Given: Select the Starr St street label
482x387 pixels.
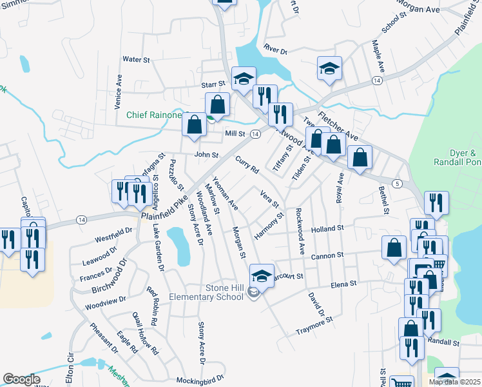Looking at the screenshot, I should tap(213, 84).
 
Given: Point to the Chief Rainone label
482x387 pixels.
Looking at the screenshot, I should tap(153, 115).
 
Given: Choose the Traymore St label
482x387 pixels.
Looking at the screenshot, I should tap(313, 324).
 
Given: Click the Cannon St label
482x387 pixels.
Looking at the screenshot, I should tap(327, 256).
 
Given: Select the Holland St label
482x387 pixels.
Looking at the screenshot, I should tap(329, 228).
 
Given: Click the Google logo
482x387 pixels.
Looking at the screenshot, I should tap(22, 380).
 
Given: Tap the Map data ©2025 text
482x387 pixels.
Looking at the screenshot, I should tap(455, 382).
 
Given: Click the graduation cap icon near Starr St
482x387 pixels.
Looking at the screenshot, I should tap(244, 79).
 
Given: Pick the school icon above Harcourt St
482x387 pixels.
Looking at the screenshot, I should tap(262, 276).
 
